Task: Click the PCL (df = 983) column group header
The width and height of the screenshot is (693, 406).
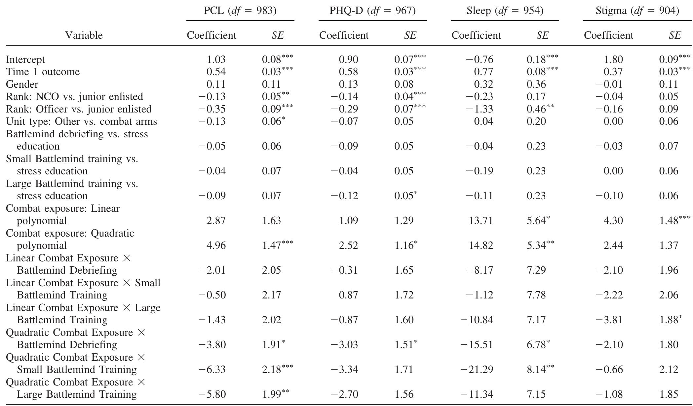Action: click(240, 11)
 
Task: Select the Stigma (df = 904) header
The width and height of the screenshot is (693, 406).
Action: click(637, 11)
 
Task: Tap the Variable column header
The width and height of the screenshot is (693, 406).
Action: click(84, 35)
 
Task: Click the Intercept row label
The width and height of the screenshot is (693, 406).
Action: click(25, 60)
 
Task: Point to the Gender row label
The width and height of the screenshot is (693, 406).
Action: click(22, 84)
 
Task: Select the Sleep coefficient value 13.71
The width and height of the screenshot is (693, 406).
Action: click(481, 221)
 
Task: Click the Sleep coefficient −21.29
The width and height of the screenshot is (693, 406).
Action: click(477, 370)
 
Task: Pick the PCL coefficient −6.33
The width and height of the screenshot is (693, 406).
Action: click(212, 370)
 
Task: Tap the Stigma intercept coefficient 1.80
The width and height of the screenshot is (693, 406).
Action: click(614, 60)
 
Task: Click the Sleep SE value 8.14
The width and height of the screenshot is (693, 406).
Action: click(536, 370)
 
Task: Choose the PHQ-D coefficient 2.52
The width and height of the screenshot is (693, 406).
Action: click(349, 246)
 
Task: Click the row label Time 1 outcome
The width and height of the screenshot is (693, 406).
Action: click(43, 72)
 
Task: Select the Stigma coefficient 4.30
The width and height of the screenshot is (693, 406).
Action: click(613, 221)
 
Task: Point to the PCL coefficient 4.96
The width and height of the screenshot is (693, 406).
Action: click(216, 246)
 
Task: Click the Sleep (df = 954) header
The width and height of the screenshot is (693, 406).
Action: click(505, 11)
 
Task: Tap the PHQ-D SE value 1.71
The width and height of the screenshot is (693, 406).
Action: click(404, 370)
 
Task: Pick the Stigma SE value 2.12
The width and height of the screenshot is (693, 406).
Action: click(669, 370)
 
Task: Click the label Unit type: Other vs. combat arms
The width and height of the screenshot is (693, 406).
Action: click(82, 121)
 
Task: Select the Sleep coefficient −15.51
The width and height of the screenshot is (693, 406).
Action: click(477, 345)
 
